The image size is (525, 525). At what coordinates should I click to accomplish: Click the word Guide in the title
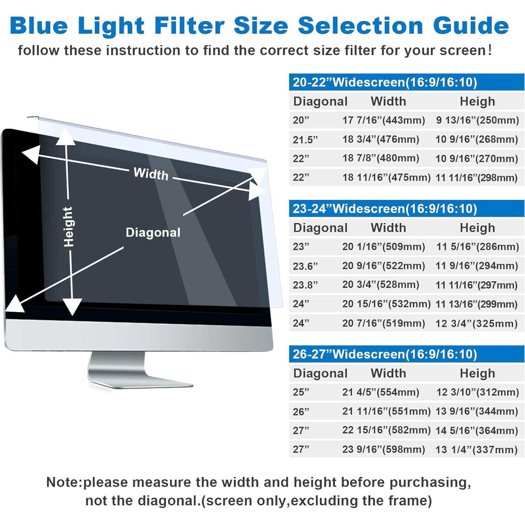coord(471,26)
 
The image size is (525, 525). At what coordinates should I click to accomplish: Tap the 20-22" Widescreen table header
coord(385,82)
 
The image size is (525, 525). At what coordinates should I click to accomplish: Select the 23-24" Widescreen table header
coord(385,209)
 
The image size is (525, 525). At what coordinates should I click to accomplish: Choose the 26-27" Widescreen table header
coord(385,354)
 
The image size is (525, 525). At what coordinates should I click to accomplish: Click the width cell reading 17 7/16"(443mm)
coord(384,120)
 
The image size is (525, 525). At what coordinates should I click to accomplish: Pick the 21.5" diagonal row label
coord(305,140)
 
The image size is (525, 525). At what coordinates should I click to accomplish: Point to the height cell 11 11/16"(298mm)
coord(476,178)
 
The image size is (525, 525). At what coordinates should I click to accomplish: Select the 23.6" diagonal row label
coord(305,266)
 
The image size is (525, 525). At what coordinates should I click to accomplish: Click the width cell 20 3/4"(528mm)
coord(381,284)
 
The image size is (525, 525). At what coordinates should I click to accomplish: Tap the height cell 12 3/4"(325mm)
coord(476,323)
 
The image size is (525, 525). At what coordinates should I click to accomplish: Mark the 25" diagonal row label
coord(301,392)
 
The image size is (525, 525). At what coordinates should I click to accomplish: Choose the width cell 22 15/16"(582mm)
coord(386,430)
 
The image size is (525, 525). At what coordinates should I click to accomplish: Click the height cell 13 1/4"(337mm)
coord(476,450)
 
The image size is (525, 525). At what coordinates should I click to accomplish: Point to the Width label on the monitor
coord(151,174)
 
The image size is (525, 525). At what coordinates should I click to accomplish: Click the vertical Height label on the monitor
coord(68,227)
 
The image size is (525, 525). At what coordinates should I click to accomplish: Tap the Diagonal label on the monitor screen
coord(153,233)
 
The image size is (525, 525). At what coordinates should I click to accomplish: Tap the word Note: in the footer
coord(64,483)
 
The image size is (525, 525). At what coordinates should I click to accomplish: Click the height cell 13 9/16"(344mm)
coord(476,411)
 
